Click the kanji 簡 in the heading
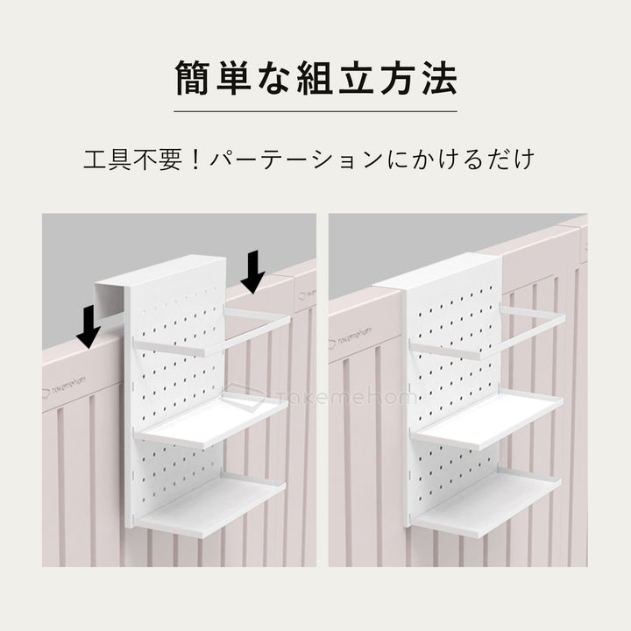(193, 78)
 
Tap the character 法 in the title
(439, 78)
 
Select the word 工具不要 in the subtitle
(132, 160)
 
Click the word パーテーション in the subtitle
(295, 160)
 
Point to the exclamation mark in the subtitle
(195, 160)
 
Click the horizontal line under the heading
(315, 111)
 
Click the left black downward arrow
(89, 326)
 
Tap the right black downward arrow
(252, 272)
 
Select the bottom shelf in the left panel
(210, 505)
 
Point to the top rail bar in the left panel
(212, 332)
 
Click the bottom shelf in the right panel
(487, 503)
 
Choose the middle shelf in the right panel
(487, 421)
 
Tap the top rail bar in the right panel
(487, 332)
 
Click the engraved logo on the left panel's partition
(64, 386)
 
